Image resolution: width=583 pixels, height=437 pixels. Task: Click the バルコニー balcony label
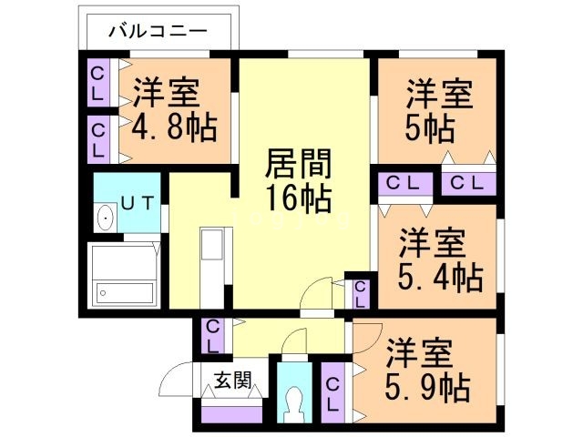tap(159, 31)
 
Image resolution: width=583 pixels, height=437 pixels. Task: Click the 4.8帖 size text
tap(175, 127)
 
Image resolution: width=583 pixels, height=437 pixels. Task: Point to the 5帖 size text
tap(431, 127)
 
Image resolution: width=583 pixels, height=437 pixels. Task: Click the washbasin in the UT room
tap(106, 219)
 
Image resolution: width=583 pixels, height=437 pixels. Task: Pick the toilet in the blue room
tap(293, 401)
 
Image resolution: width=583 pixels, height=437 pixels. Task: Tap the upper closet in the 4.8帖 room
tap(98, 83)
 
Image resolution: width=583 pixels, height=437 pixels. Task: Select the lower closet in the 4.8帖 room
tap(98, 138)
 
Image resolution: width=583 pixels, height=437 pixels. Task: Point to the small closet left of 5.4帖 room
tap(360, 294)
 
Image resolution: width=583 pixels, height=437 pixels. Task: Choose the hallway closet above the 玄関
tap(211, 336)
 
